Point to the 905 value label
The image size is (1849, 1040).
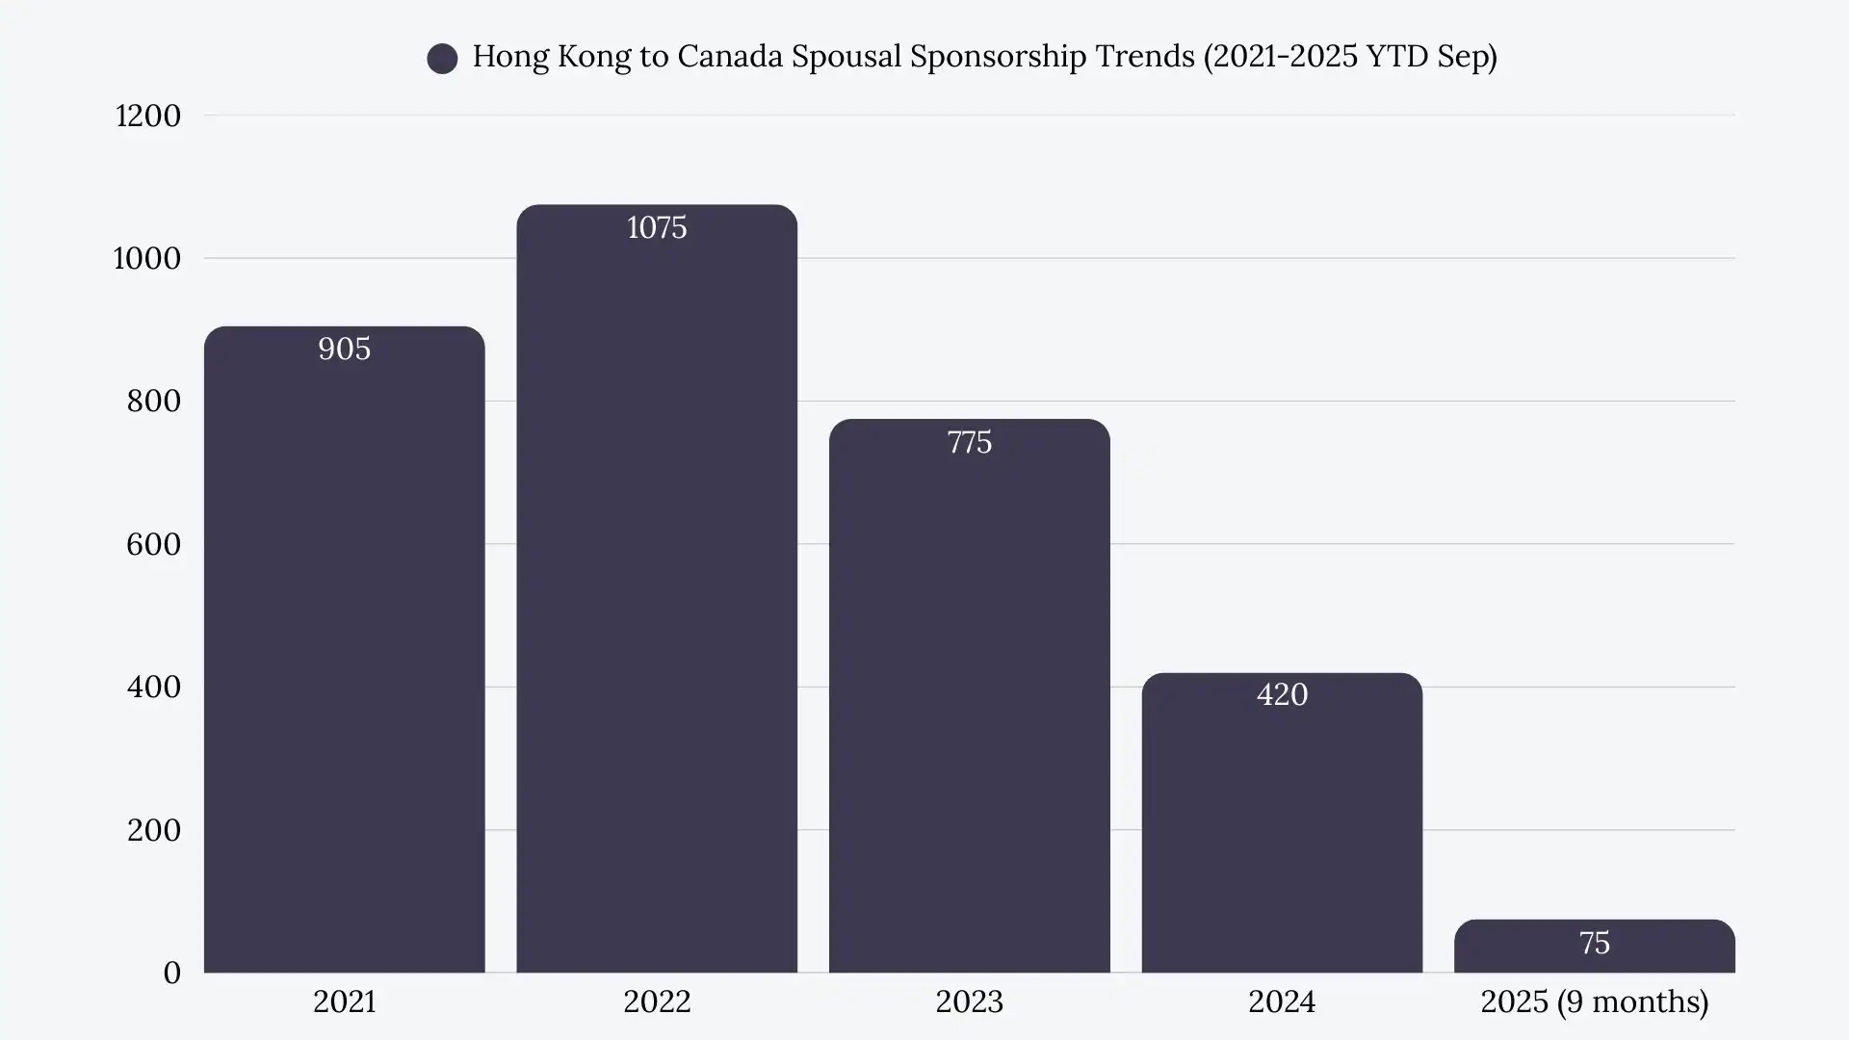coord(344,349)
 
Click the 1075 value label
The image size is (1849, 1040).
coord(657,227)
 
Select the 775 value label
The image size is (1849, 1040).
coord(969,442)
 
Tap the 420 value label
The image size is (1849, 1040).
coord(1282,694)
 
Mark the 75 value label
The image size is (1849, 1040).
coord(1594,943)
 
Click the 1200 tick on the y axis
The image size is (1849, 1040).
coord(147,116)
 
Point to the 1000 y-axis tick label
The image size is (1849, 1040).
coord(146,258)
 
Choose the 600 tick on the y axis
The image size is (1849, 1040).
coord(153,544)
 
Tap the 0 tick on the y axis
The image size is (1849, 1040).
coord(171,973)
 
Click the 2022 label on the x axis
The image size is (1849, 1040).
coord(657,1001)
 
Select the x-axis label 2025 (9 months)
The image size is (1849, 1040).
coord(1594,1001)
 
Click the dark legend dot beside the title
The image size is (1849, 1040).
coord(442,58)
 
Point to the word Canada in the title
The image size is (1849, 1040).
coord(729,56)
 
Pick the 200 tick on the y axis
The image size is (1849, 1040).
coord(153,830)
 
